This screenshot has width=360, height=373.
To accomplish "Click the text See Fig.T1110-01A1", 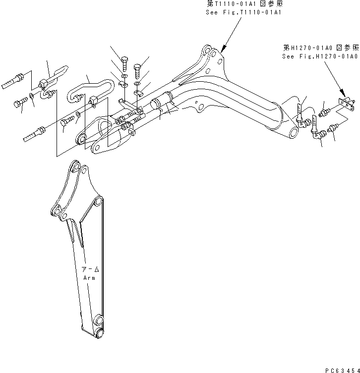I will click(243, 12).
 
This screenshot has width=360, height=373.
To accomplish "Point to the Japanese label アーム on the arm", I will click(91, 270).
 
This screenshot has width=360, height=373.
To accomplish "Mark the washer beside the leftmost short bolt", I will click(32, 95).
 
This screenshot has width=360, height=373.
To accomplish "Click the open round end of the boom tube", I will click(294, 131).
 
